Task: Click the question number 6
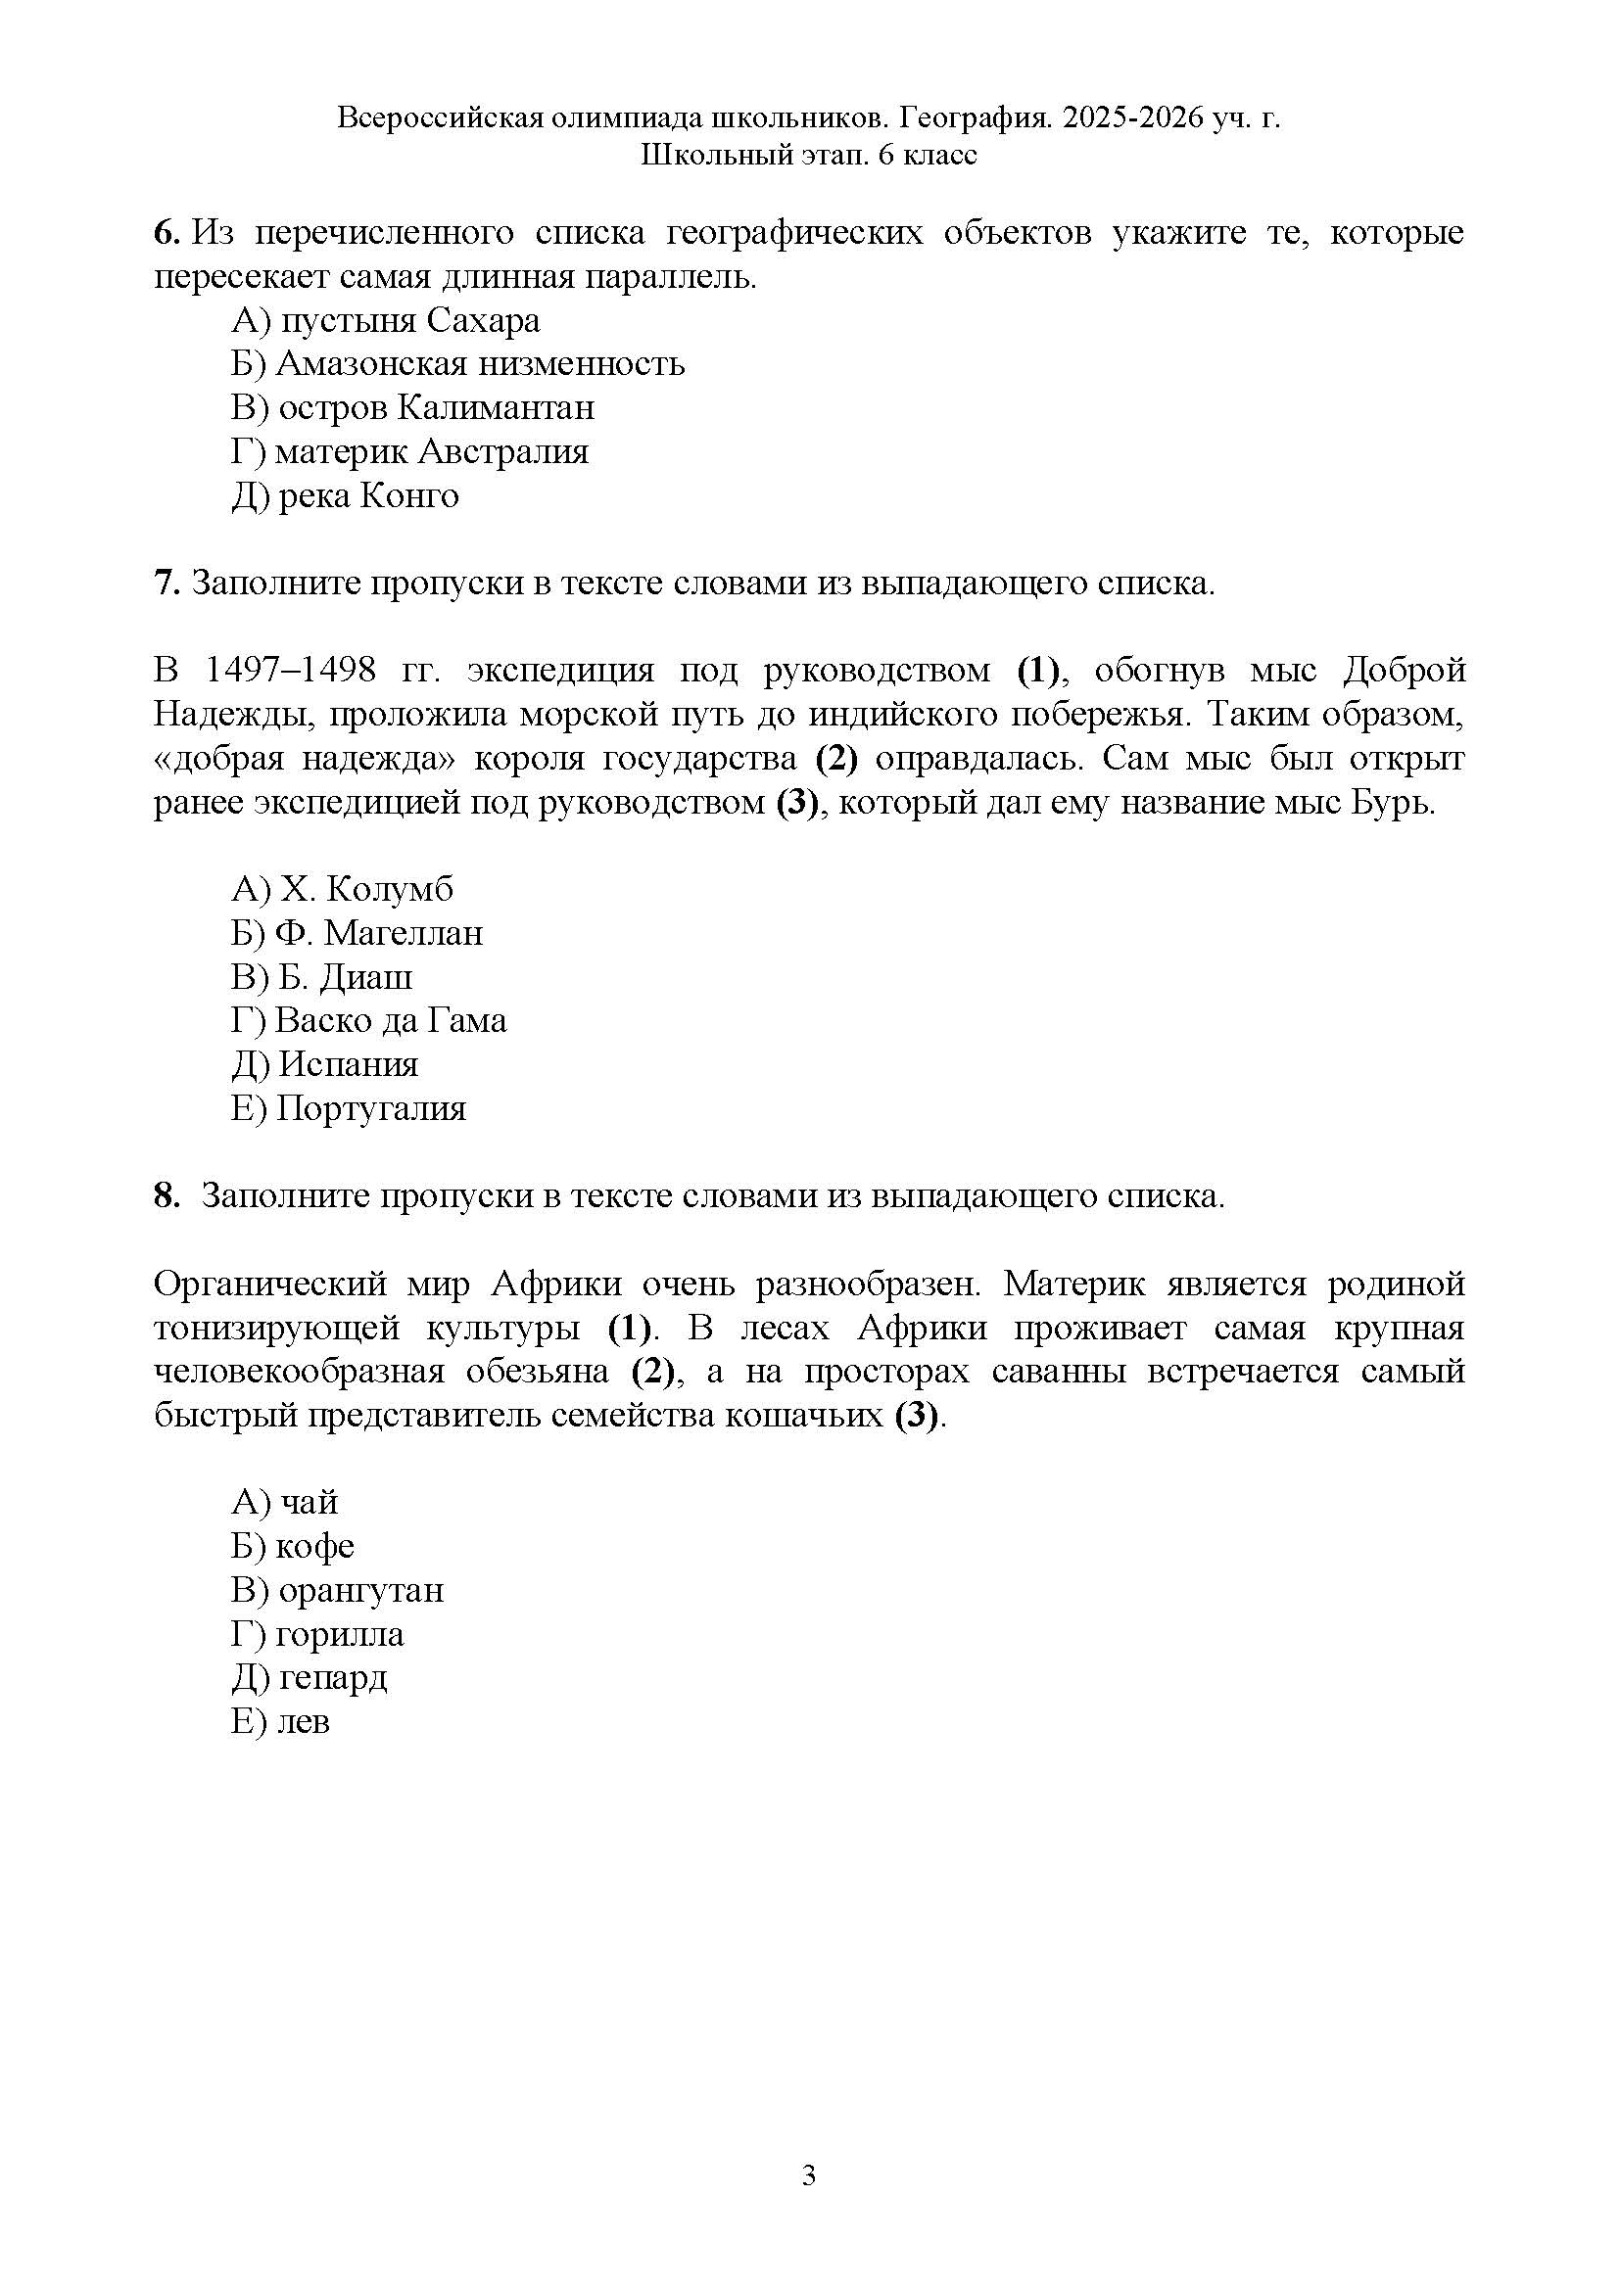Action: (166, 233)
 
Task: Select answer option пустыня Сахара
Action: (385, 320)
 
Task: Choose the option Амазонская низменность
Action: (457, 364)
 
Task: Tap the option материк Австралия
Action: (410, 451)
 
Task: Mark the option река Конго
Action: (345, 495)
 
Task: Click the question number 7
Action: (166, 583)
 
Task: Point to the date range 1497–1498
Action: (290, 671)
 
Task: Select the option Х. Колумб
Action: (342, 889)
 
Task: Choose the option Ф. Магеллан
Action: (357, 933)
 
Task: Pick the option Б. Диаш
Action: (321, 976)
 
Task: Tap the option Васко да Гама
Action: (369, 1020)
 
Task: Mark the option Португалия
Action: (348, 1108)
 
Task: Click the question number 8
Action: (166, 1194)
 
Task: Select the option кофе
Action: (292, 1546)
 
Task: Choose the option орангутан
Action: (337, 1590)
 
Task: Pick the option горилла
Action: (317, 1634)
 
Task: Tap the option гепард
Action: (310, 1678)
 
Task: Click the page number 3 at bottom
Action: (809, 2175)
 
